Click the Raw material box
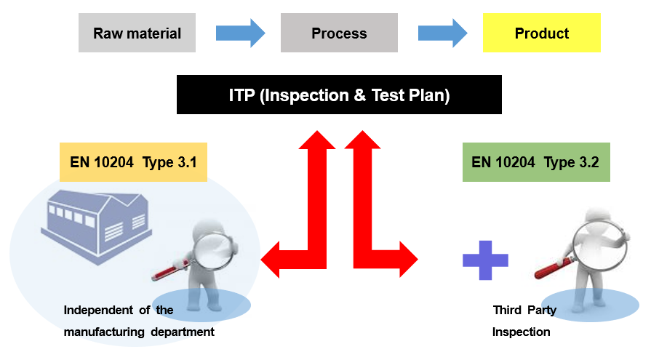[137, 33]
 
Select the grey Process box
[339, 33]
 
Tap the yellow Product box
[541, 33]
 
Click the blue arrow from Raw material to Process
[240, 33]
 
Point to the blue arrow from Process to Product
[443, 33]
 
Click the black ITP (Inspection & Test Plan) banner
[339, 95]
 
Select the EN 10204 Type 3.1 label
[133, 162]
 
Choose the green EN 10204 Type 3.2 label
[535, 162]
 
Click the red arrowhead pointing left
[271, 258]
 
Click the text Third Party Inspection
[524, 321]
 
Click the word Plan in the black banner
[429, 95]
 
